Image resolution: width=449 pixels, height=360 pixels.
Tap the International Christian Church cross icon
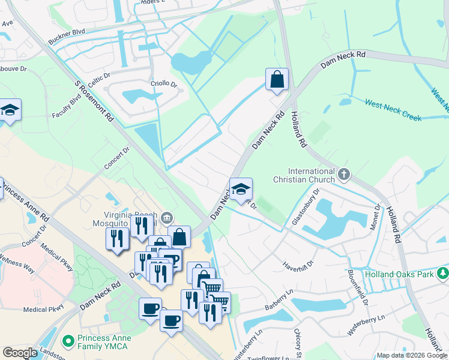point(343,175)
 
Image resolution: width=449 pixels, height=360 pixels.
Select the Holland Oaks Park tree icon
point(443,274)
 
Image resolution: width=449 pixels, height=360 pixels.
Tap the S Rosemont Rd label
point(94,103)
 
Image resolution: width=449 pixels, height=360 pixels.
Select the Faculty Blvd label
point(66,107)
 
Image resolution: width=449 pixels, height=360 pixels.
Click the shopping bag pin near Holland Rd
point(277,79)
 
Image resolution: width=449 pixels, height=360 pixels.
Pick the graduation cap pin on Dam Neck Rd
point(241,189)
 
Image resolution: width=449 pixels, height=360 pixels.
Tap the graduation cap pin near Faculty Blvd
point(10,110)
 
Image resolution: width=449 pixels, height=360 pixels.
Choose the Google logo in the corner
point(20,353)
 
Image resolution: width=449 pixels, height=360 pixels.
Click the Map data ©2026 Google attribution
point(411,355)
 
